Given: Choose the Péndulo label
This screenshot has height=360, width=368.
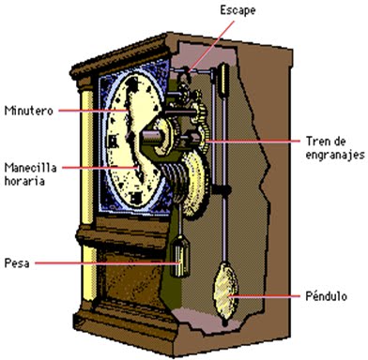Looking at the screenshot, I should coord(322,295).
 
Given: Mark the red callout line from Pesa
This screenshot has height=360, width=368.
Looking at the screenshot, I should coord(103,262).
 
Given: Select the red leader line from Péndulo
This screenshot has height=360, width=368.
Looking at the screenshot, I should coord(268,296).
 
